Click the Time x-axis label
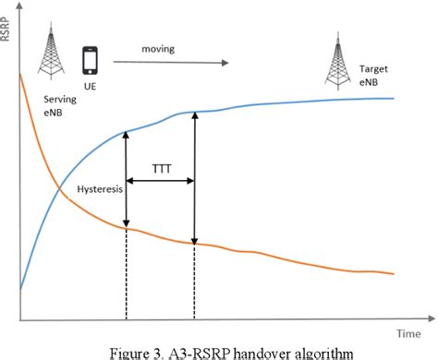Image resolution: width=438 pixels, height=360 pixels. click(412, 331)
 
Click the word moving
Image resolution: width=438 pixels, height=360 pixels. click(160, 47)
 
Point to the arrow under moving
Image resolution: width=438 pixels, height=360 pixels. click(170, 63)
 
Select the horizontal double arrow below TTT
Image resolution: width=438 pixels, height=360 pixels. click(160, 182)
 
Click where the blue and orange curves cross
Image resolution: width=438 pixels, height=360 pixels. click(61, 190)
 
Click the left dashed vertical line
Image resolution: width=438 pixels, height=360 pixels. click(126, 277)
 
